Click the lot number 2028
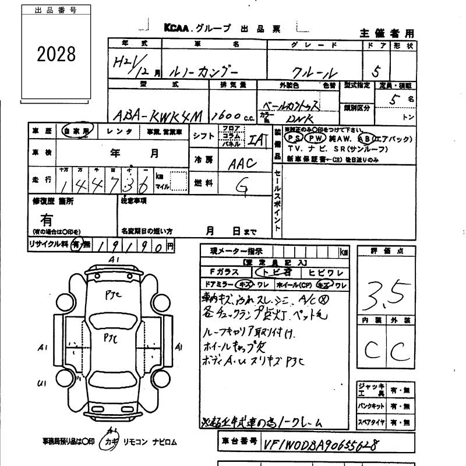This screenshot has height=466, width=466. (57, 54)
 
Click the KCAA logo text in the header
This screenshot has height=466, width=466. (175, 28)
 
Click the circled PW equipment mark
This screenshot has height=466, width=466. (315, 139)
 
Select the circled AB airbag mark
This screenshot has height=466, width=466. (366, 139)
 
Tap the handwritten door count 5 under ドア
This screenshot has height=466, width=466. (376, 72)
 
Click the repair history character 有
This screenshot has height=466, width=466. (47, 220)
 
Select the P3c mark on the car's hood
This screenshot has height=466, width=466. (113, 295)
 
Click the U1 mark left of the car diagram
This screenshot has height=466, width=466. (41, 383)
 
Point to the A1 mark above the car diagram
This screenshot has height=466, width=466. (114, 259)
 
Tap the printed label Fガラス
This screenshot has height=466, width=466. (224, 273)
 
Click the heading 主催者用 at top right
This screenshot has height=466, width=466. (386, 33)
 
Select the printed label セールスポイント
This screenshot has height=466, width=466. (278, 198)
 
